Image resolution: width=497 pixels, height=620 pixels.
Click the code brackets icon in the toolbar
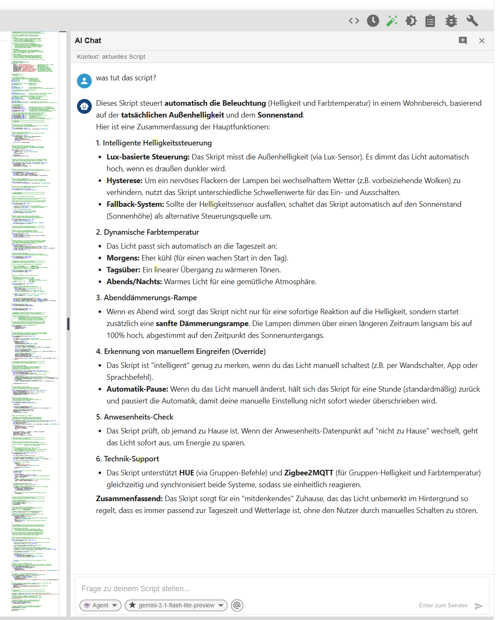pyautogui.click(x=354, y=21)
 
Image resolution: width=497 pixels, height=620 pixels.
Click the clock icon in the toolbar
pyautogui.click(x=373, y=21)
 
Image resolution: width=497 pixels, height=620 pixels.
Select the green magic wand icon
pyautogui.click(x=392, y=21)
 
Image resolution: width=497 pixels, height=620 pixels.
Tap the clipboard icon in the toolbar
pyautogui.click(x=430, y=21)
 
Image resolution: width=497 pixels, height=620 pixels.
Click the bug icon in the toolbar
pyautogui.click(x=451, y=21)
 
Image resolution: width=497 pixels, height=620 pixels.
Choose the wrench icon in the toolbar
pyautogui.click(x=472, y=21)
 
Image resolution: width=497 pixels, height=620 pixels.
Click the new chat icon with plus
pyautogui.click(x=463, y=41)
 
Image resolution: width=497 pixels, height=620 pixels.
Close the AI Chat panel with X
pyautogui.click(x=482, y=41)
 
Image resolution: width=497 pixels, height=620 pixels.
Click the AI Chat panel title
pyautogui.click(x=88, y=41)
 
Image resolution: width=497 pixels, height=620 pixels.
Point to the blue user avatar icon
pyautogui.click(x=85, y=81)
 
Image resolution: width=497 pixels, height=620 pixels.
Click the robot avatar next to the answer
pyautogui.click(x=85, y=106)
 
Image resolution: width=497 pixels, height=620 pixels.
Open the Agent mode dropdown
pyautogui.click(x=101, y=605)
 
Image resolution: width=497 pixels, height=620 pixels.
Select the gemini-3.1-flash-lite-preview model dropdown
pyautogui.click(x=176, y=605)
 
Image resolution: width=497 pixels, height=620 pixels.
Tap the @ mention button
pyautogui.click(x=237, y=605)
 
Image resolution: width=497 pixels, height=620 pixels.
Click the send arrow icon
pyautogui.click(x=479, y=606)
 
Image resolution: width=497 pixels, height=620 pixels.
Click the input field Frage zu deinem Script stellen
pyautogui.click(x=254, y=588)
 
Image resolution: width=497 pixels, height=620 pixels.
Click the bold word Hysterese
pyautogui.click(x=124, y=181)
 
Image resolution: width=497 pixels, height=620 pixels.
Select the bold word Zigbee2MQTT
pyautogui.click(x=309, y=473)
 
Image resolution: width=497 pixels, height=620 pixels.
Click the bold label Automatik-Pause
pyautogui.click(x=137, y=389)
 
